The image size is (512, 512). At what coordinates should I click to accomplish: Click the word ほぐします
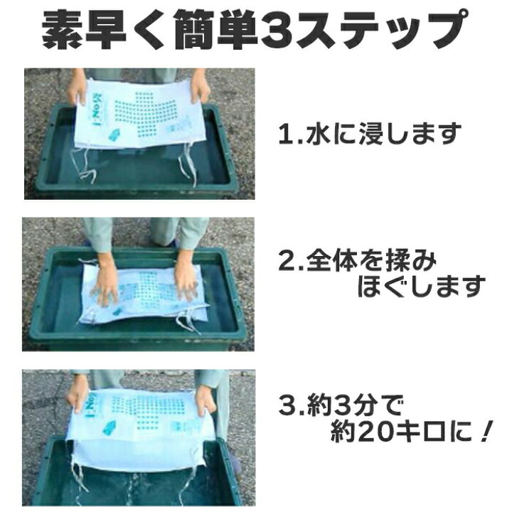[420, 288]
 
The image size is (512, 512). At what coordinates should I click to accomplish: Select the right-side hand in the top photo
[201, 87]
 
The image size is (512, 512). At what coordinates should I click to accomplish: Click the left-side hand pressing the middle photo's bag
[107, 287]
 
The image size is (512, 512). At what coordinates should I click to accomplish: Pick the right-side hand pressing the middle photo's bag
[186, 284]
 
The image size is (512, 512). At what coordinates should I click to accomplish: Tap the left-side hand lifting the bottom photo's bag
[78, 395]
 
